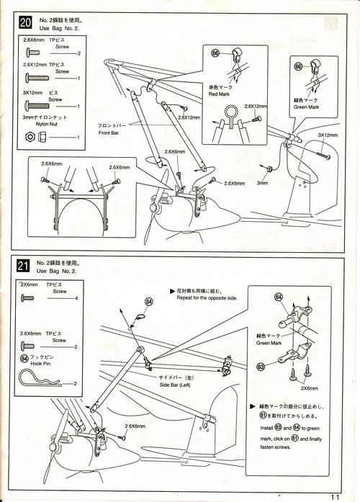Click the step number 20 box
(x=26, y=23)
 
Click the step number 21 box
(x=23, y=266)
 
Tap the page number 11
(x=335, y=497)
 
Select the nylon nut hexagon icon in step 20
(x=30, y=137)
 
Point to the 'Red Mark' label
(x=219, y=94)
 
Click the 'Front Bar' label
(x=109, y=133)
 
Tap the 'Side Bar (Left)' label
(x=175, y=385)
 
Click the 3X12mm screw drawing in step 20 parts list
(x=37, y=104)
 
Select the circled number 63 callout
(x=261, y=366)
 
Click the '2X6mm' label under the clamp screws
(x=309, y=388)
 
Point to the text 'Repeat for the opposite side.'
(x=207, y=297)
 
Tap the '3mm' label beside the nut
(x=262, y=183)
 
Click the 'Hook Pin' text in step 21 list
(x=40, y=364)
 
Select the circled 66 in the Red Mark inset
(x=215, y=53)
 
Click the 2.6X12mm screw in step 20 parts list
(x=37, y=78)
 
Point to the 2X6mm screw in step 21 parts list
(x=27, y=298)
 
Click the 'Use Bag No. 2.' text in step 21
(x=56, y=271)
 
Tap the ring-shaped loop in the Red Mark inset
(x=230, y=109)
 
